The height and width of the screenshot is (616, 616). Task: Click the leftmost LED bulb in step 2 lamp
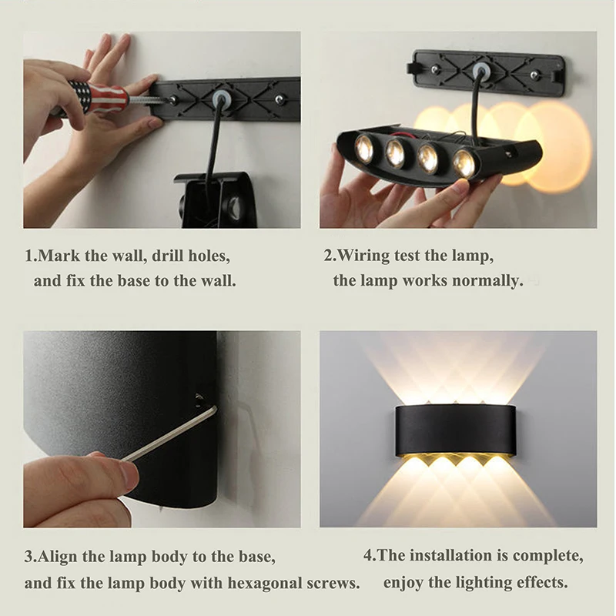click(364, 149)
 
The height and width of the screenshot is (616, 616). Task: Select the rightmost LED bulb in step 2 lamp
click(464, 162)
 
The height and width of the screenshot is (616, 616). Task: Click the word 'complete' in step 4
click(550, 555)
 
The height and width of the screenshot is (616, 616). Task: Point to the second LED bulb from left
click(396, 153)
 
